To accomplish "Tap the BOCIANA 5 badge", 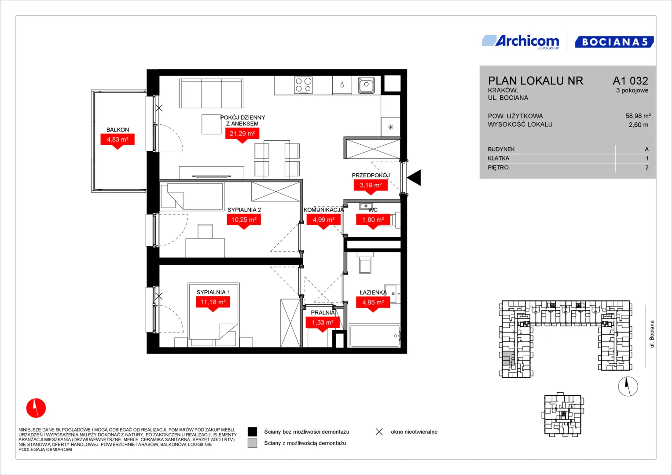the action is pyautogui.click(x=614, y=42).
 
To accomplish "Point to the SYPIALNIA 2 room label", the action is pyautogui.click(x=244, y=210).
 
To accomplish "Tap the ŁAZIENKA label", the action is pyautogui.click(x=373, y=292).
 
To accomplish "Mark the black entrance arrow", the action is pyautogui.click(x=414, y=178).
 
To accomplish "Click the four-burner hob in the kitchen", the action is pyautogui.click(x=303, y=85).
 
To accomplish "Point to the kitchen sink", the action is pyautogui.click(x=366, y=85).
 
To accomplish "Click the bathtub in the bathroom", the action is pyautogui.click(x=375, y=336).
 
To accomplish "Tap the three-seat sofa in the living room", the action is pyautogui.click(x=212, y=93).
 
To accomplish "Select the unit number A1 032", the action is pyautogui.click(x=630, y=80).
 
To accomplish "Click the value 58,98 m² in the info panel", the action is pyautogui.click(x=638, y=116).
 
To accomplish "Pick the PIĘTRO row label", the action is pyautogui.click(x=498, y=168).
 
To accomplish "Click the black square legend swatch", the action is pyautogui.click(x=252, y=431).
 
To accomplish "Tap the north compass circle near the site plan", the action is pyautogui.click(x=628, y=386).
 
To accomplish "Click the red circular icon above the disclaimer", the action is pyautogui.click(x=36, y=408).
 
